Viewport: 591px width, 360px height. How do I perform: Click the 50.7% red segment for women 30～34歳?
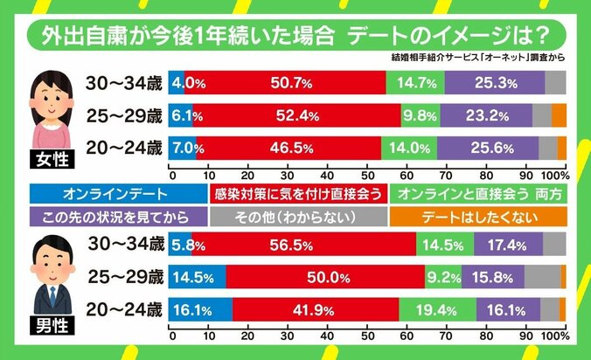tap(285, 84)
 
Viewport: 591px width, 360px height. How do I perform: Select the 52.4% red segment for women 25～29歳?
tap(296, 115)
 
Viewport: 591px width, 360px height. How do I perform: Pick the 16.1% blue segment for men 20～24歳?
tap(200, 309)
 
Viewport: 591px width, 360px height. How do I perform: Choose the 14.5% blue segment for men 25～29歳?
tap(198, 277)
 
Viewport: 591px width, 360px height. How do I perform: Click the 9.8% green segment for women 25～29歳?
tap(421, 115)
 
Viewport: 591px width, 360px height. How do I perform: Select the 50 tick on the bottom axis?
tap(367, 337)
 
